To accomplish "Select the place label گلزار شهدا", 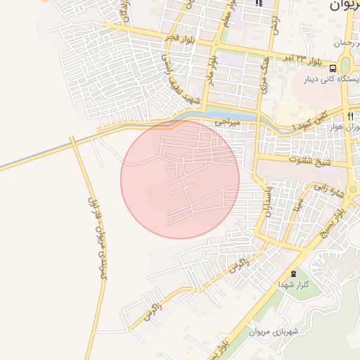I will (290, 285).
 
